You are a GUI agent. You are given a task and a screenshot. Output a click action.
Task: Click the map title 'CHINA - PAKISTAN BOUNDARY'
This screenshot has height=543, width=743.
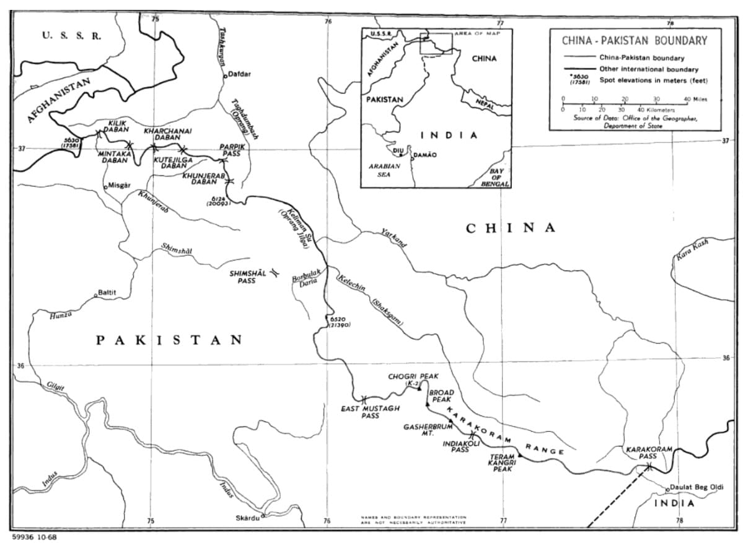coord(634,41)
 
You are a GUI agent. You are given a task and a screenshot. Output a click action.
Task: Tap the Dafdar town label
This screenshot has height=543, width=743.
coord(240,74)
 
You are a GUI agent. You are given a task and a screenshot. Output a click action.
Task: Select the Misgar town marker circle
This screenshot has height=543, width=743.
coord(105,185)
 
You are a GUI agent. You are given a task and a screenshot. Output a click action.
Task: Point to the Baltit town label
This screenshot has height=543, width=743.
coord(107,292)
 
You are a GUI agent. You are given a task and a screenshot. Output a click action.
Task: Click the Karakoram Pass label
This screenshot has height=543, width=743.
coord(648,453)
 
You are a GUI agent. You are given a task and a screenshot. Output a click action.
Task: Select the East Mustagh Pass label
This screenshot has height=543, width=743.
coord(370,412)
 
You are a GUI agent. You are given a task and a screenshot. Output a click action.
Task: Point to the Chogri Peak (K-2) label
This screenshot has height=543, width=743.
coord(413,380)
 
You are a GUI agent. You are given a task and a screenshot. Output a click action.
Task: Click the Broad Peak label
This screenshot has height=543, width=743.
coord(441,396)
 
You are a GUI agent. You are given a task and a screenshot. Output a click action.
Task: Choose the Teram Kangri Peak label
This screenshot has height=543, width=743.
coord(502,463)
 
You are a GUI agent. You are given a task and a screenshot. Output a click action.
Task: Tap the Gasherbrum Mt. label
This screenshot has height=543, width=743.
coord(426,430)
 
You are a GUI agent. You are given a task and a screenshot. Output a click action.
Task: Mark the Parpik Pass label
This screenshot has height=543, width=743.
coord(233,150)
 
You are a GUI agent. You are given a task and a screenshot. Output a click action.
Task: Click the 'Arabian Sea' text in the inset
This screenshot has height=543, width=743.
coord(384,170)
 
